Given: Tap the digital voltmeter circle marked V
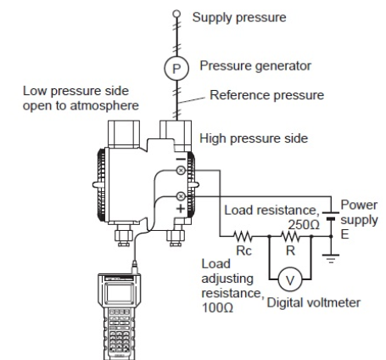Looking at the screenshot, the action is [x=290, y=279].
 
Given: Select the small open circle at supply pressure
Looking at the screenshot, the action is [x=176, y=14].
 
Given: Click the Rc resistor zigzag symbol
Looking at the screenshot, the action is [x=243, y=236].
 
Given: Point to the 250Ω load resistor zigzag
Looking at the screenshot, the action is [x=290, y=236].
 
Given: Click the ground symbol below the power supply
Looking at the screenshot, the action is [x=331, y=258].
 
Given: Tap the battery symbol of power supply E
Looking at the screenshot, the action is [x=331, y=216].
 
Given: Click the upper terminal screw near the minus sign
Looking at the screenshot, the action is [x=181, y=171].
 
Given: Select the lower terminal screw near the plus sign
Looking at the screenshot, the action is [x=181, y=196].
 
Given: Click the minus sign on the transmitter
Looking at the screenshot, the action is [x=181, y=160].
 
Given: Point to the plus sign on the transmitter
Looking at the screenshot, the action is [x=181, y=209].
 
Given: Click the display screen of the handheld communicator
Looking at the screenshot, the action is [x=119, y=293].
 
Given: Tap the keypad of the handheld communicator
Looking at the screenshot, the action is [x=119, y=332].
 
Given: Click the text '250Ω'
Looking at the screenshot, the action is [x=304, y=225].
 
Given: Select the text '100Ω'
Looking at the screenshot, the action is [x=217, y=307].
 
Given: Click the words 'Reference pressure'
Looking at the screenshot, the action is [x=266, y=95].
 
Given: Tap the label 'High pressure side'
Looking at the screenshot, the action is [x=254, y=138].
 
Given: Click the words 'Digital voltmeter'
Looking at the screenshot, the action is [x=314, y=303].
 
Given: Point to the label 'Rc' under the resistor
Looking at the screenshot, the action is [x=243, y=250].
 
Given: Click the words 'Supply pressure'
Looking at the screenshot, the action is [x=239, y=18].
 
